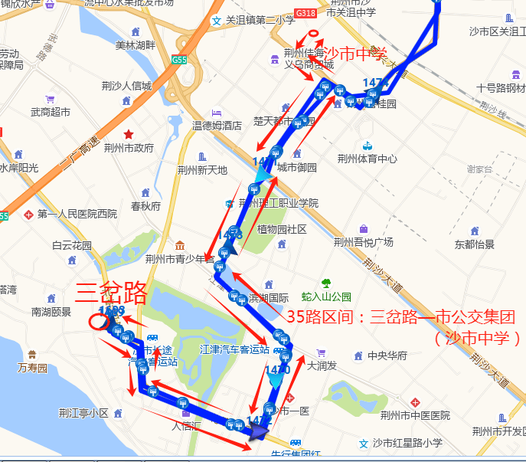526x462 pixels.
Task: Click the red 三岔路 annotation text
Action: tap(113, 292)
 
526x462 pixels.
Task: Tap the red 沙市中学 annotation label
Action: tap(355, 54)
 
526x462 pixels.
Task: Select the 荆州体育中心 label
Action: tap(367, 159)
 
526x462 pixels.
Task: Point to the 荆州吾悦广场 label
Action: tap(363, 242)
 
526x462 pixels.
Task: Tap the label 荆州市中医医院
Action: tap(415, 415)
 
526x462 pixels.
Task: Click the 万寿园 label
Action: tap(32, 369)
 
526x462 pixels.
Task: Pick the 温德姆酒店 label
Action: tap(217, 125)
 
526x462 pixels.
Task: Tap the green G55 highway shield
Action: tap(180, 61)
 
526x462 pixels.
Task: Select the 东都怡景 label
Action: tap(474, 244)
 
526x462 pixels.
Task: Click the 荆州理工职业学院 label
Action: tap(278, 203)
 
